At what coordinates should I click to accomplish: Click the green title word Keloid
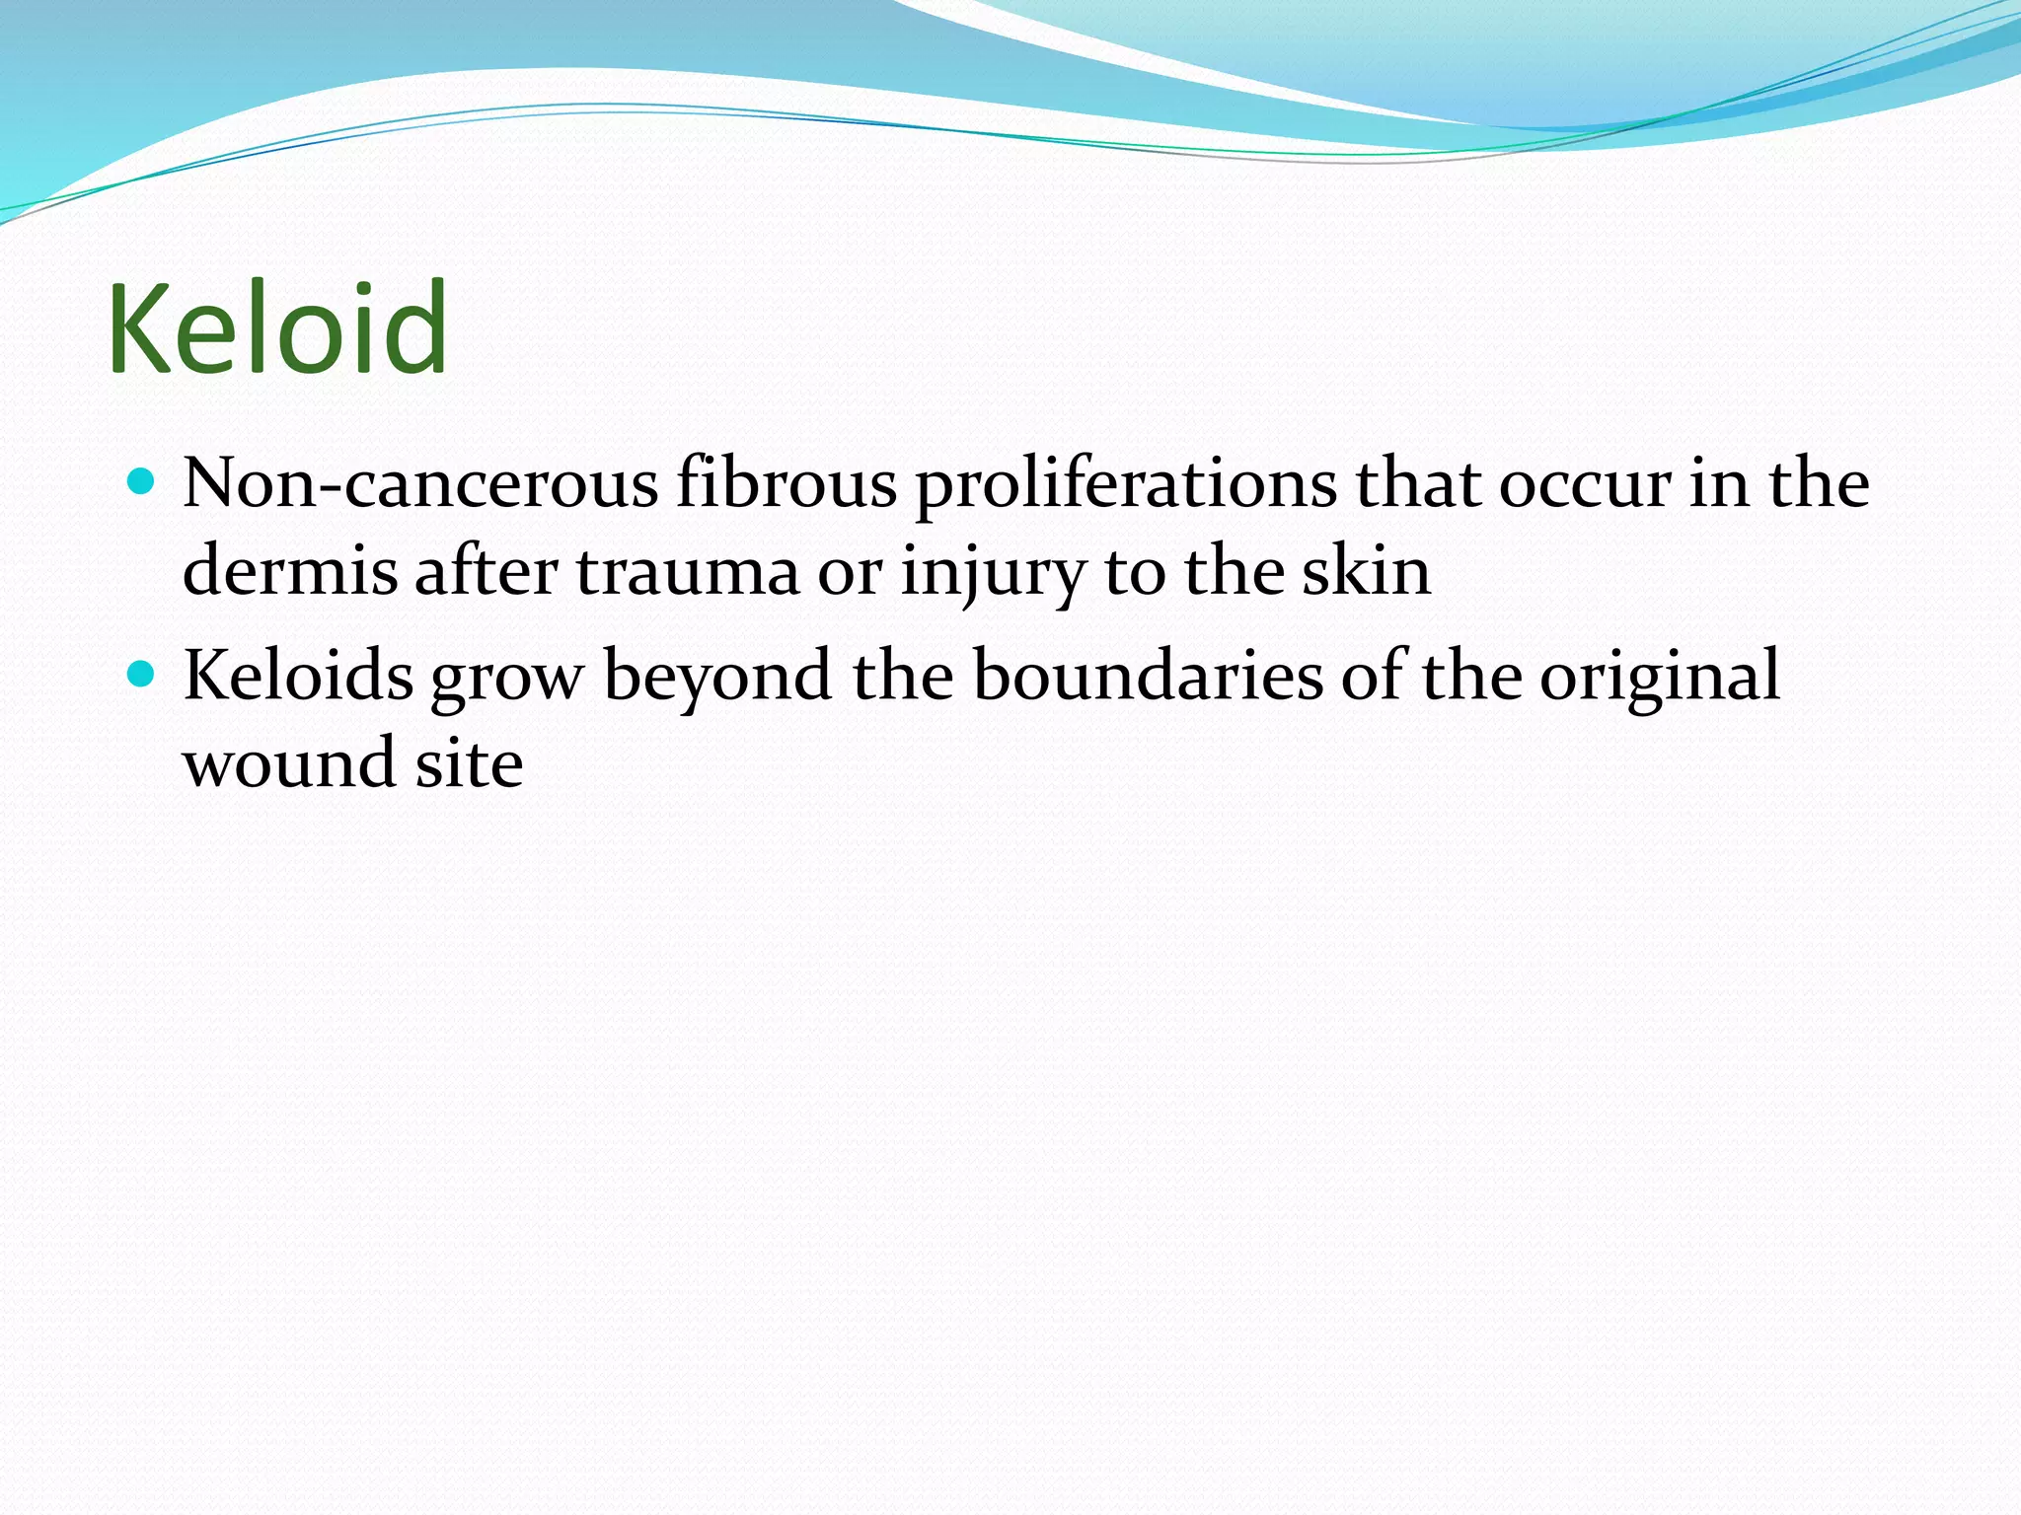[278, 328]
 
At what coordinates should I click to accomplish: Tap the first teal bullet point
[143, 482]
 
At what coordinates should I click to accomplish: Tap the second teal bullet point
[143, 675]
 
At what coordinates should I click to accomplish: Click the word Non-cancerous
[420, 484]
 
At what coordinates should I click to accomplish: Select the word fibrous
[786, 484]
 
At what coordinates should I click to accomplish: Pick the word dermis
[290, 572]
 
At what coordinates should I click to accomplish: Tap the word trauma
[687, 572]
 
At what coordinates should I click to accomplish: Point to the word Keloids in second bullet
[298, 677]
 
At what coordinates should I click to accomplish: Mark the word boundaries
[1148, 677]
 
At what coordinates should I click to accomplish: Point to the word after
[486, 572]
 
